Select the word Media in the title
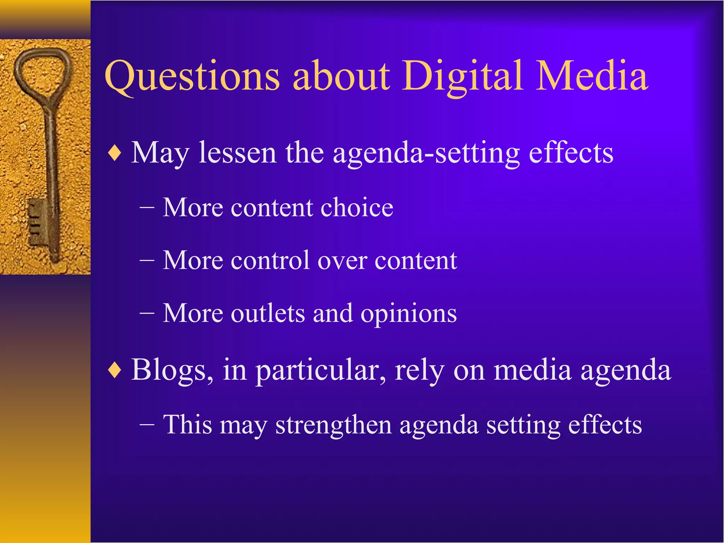pos(592,76)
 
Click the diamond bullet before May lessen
pos(115,154)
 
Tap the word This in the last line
pos(187,424)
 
